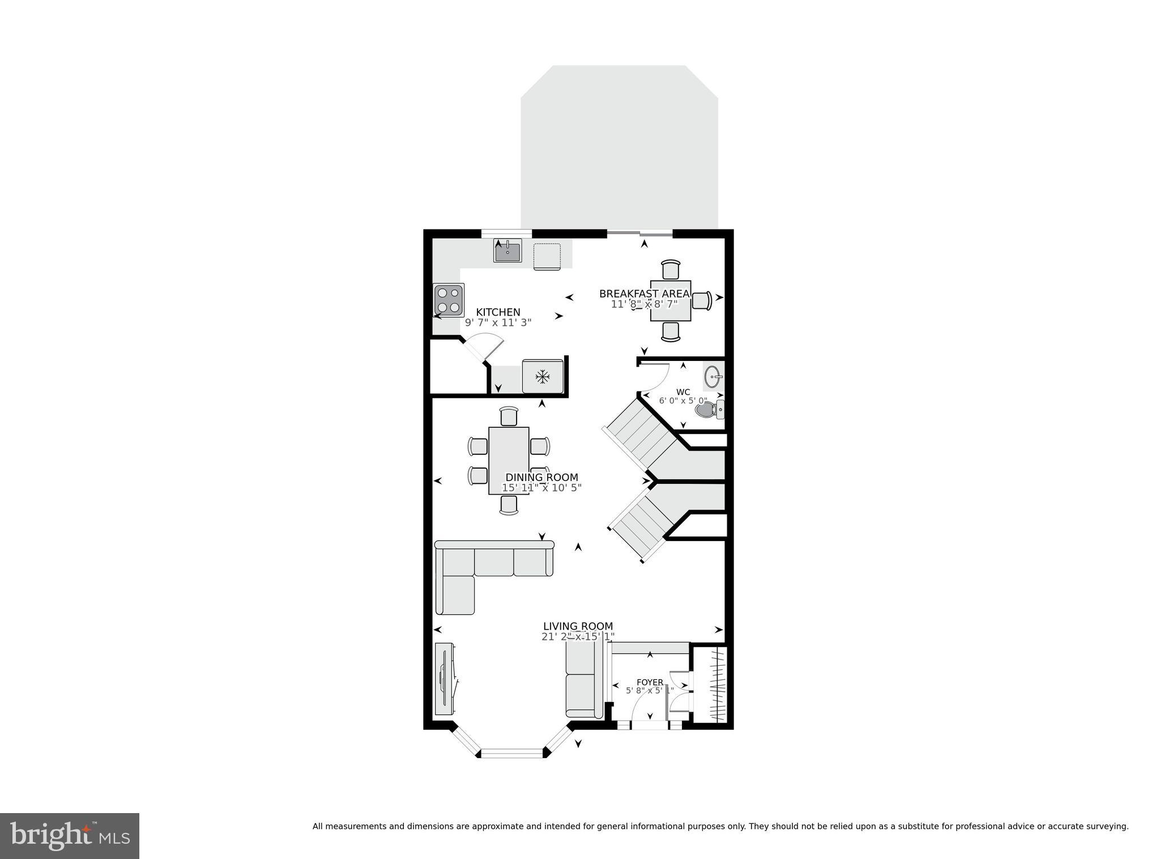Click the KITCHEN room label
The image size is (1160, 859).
(498, 312)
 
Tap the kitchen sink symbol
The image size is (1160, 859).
(507, 251)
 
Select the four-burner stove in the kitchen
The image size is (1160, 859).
(449, 300)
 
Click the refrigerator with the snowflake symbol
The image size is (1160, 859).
(543, 376)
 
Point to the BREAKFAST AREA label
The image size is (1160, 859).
(644, 294)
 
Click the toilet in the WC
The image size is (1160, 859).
(706, 409)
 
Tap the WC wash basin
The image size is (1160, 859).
(713, 376)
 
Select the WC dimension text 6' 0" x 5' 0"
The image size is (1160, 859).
(683, 401)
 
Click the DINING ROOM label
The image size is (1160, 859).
(541, 478)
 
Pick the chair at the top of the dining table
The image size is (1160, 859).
(509, 416)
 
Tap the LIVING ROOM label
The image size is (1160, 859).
(578, 626)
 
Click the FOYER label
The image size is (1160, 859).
(650, 682)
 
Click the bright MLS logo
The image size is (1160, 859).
(70, 836)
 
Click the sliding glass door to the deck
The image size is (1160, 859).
(640, 233)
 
